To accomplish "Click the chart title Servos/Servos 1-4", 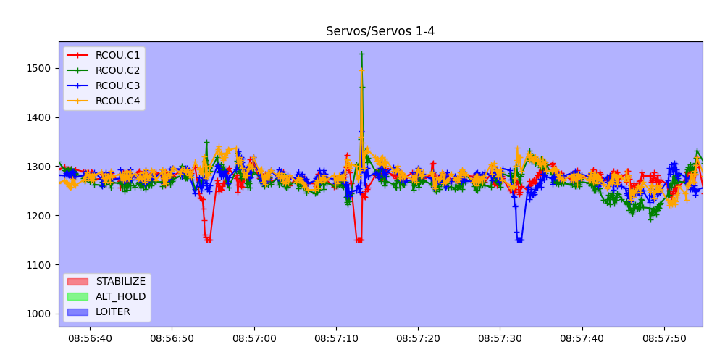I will [380, 31].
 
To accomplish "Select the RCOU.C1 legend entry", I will [117, 55].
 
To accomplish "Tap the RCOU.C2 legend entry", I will [117, 70].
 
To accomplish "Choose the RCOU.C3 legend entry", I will [117, 85].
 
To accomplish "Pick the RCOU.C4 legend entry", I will [117, 101].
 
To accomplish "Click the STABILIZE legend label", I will [120, 281].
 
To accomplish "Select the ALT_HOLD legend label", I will [120, 296].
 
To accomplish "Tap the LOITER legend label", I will [113, 311].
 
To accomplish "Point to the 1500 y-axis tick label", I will [39, 68].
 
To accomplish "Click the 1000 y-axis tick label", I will [39, 314].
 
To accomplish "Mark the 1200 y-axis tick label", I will [39, 216].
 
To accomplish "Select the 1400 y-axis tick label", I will [39, 117].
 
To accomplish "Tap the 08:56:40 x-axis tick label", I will [90, 338].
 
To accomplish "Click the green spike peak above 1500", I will [361, 54].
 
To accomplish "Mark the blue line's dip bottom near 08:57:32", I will [519, 240].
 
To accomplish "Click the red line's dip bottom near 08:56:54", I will [208, 240].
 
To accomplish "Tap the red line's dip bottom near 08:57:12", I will [359, 240].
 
